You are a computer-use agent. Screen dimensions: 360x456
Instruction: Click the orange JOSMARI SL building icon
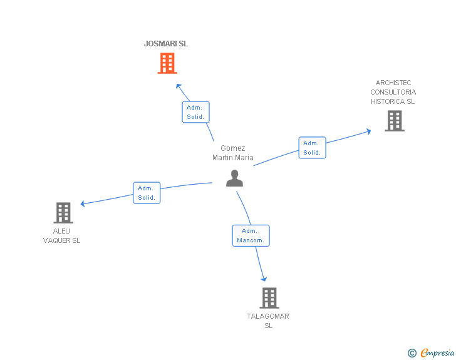click(167, 63)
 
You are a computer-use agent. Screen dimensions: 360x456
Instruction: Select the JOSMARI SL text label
click(166, 44)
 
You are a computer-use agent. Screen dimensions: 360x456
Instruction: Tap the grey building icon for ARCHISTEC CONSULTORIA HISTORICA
click(394, 121)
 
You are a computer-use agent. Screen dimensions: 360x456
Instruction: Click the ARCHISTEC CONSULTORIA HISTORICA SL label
click(393, 92)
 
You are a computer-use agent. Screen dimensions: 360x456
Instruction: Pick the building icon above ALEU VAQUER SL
click(63, 213)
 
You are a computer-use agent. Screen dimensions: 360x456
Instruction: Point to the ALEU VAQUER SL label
click(61, 236)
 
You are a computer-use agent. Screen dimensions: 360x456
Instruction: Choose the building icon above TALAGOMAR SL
click(269, 298)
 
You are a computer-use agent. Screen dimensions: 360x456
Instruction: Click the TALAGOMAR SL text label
click(268, 321)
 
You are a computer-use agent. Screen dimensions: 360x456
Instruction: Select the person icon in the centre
click(234, 178)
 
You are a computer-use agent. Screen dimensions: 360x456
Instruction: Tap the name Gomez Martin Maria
click(233, 153)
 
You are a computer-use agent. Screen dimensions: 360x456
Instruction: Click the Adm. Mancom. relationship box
click(251, 235)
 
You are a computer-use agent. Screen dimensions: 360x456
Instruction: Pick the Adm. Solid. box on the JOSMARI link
click(195, 112)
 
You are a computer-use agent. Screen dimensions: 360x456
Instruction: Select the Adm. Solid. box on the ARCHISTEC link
click(312, 148)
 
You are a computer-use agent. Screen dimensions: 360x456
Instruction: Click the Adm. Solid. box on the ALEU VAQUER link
click(147, 193)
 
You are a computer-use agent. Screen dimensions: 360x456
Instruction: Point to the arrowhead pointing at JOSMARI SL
click(179, 86)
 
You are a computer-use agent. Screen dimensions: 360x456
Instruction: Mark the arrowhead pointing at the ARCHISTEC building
click(368, 131)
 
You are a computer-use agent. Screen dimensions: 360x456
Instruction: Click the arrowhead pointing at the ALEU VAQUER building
click(83, 203)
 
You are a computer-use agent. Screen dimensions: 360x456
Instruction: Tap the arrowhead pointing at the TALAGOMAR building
click(264, 279)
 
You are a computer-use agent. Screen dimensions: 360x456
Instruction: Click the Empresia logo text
click(437, 353)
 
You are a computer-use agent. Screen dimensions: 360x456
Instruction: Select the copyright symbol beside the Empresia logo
click(412, 353)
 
